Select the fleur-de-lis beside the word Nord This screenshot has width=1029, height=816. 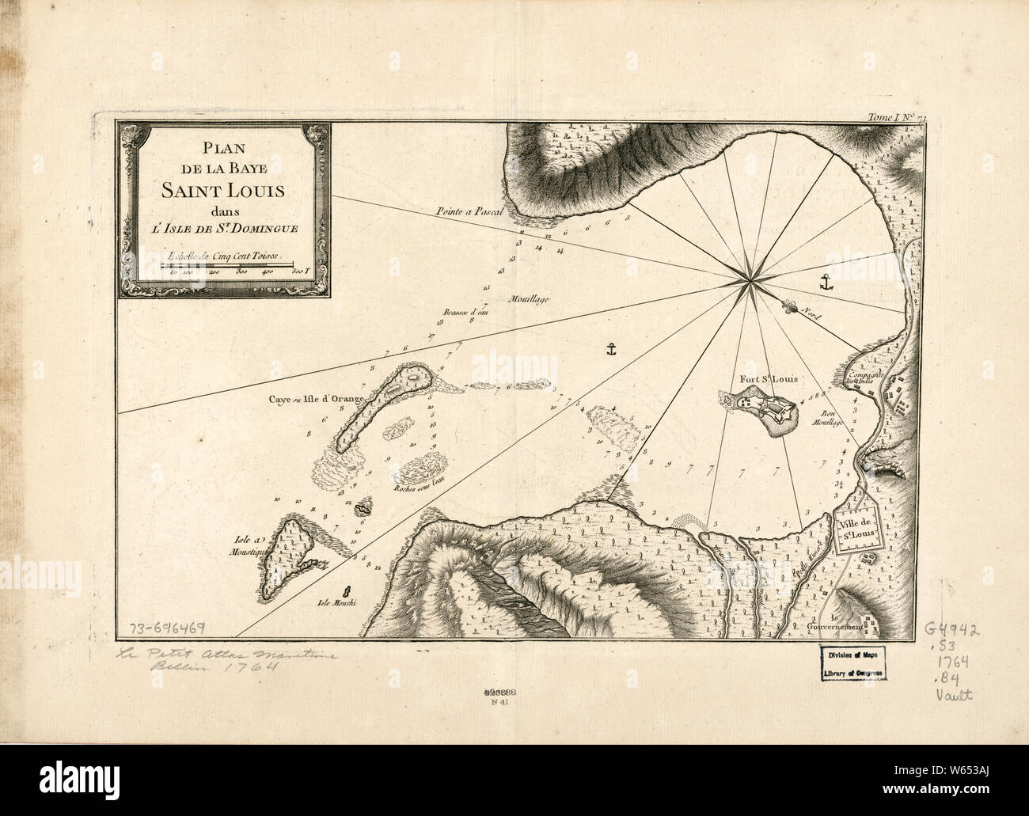point(788,306)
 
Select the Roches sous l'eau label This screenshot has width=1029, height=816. point(419,489)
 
